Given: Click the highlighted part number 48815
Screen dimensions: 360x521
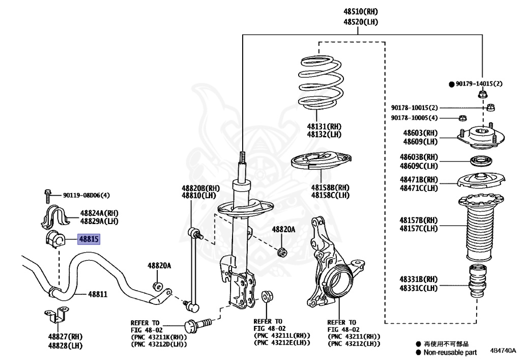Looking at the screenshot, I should pos(89,239).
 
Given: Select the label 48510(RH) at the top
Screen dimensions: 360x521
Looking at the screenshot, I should pos(360,12).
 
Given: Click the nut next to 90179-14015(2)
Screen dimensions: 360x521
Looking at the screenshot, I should pos(482,94).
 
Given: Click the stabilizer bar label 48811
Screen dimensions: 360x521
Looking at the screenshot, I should pos(98,294).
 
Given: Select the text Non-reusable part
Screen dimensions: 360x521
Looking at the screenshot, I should pos(449,352).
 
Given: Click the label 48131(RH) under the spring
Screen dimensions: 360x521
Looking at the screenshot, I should pos(324,126).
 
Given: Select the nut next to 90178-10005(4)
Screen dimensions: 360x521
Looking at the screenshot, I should pos(462,119).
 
